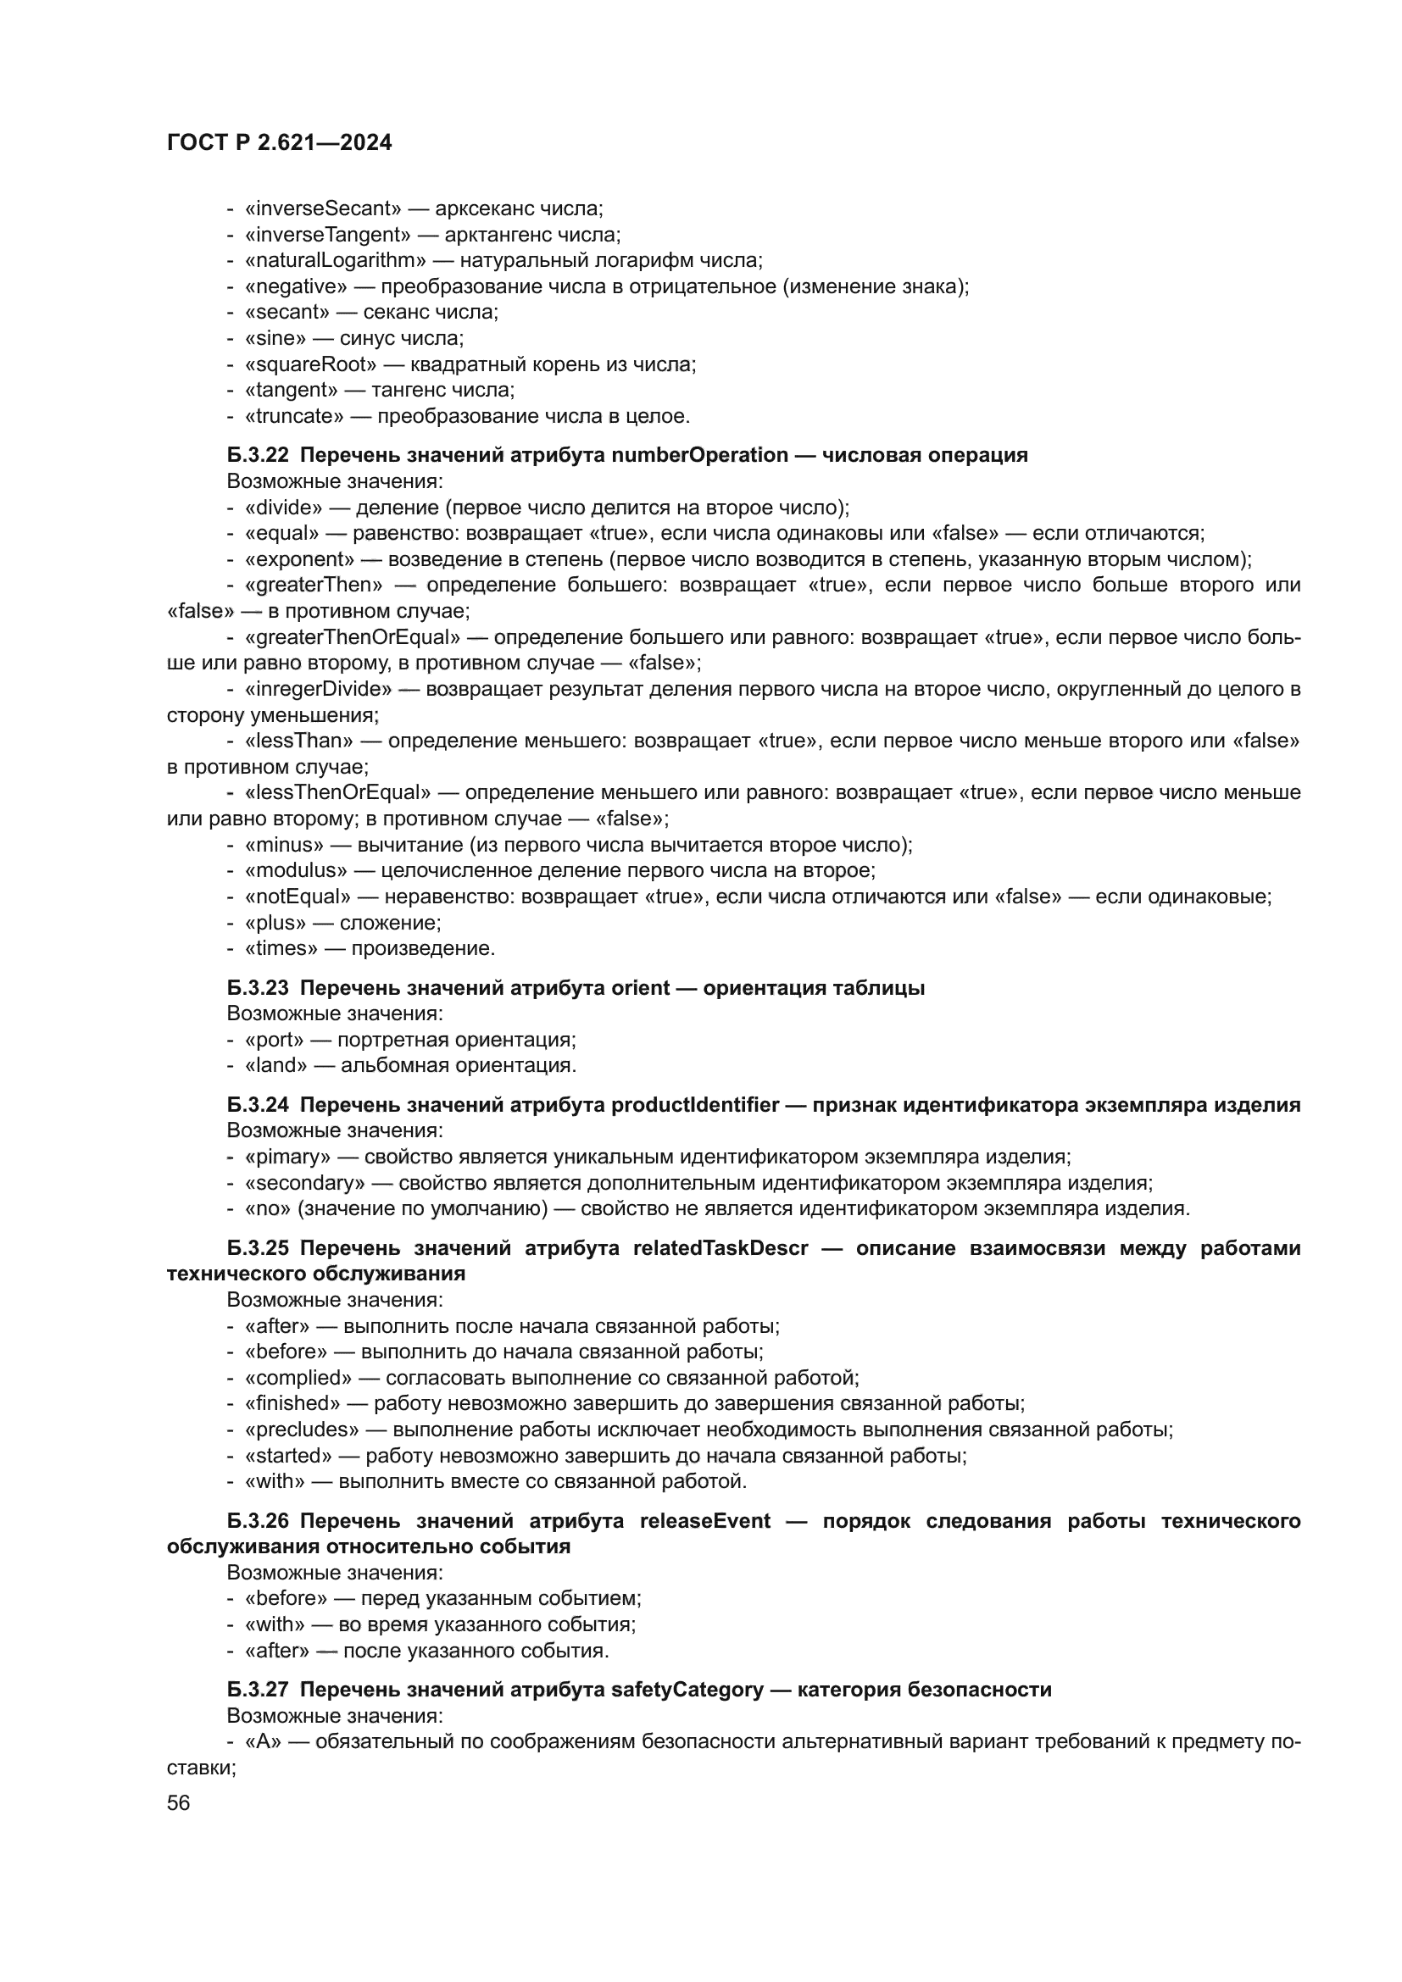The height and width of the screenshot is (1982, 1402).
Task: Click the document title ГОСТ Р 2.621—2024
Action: [279, 142]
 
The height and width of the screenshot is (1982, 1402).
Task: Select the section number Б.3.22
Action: [259, 455]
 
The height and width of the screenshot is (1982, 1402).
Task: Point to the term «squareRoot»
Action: [311, 364]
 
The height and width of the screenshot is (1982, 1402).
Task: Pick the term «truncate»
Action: [293, 416]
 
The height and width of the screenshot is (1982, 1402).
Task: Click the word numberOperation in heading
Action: [699, 455]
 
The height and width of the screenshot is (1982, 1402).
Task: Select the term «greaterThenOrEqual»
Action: [353, 637]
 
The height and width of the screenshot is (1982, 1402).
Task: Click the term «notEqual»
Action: [298, 896]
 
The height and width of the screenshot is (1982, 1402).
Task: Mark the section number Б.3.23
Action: [259, 987]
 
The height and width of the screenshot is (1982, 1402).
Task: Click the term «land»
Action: [275, 1065]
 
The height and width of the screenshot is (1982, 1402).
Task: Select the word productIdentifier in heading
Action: [695, 1105]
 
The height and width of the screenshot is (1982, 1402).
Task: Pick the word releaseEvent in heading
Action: [704, 1521]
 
